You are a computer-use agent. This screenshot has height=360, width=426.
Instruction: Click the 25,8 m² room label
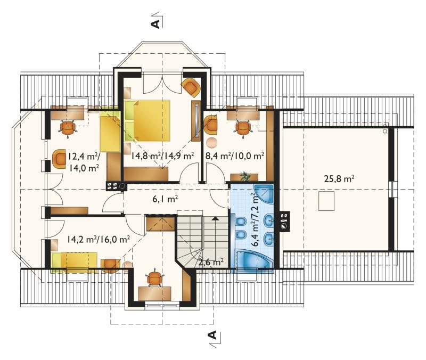[339, 179]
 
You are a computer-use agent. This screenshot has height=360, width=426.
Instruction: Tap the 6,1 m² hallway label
[165, 199]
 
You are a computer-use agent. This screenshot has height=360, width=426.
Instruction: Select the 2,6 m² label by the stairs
[211, 262]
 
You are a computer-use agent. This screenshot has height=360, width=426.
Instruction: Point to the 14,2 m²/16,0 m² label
[99, 239]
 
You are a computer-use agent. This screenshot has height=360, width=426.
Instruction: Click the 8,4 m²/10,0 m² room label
[235, 156]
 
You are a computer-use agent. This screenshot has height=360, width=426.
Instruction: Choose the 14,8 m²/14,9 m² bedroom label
[162, 156]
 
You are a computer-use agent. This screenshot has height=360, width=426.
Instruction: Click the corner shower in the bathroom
[264, 193]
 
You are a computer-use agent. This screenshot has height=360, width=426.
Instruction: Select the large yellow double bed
[148, 120]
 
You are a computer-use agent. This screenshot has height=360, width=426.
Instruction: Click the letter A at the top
[155, 24]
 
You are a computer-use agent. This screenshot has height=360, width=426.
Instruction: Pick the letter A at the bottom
[213, 335]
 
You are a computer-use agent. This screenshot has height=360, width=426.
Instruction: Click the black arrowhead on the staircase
[216, 218]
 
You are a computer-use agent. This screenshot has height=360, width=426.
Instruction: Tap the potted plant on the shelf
[245, 176]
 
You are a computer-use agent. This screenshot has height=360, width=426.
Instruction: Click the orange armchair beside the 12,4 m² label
[60, 159]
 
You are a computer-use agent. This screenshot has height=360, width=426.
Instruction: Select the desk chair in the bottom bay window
[155, 278]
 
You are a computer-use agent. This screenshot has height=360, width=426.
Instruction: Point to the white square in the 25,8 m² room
[326, 201]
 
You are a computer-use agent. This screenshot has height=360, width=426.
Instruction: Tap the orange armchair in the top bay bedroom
[191, 87]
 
